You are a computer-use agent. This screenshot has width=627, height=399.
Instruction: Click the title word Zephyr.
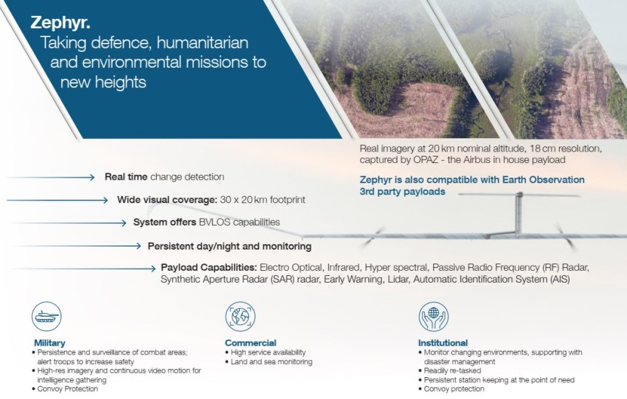pyautogui.click(x=61, y=23)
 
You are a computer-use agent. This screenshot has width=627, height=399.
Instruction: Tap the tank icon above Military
pyautogui.click(x=47, y=316)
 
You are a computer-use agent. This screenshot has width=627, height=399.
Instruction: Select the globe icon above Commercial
pyautogui.click(x=241, y=316)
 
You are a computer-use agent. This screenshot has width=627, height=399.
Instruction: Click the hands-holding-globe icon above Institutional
pyautogui.click(x=434, y=316)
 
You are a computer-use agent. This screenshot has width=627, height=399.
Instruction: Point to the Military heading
pyautogui.click(x=50, y=343)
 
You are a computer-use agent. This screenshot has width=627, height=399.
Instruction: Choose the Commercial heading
pyautogui.click(x=251, y=343)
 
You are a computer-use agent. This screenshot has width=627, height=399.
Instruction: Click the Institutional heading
pyautogui.click(x=443, y=343)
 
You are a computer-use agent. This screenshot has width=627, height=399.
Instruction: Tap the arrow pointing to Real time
pyautogui.click(x=51, y=178)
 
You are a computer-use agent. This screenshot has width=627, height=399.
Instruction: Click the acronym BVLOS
pyautogui.click(x=215, y=222)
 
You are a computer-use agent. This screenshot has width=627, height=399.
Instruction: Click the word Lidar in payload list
pyautogui.click(x=398, y=279)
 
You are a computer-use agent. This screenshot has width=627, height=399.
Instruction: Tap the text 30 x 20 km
pyautogui.click(x=244, y=199)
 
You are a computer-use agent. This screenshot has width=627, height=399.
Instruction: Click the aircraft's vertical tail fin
pyautogui.click(x=518, y=215)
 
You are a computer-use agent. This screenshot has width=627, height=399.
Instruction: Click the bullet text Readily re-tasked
pyautogui.click(x=453, y=371)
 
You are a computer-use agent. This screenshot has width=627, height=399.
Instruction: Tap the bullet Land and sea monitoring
pyautogui.click(x=271, y=362)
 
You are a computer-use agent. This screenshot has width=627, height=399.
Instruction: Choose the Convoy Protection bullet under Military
pyautogui.click(x=68, y=389)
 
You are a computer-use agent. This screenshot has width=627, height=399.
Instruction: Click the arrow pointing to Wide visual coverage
pyautogui.click(x=58, y=200)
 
